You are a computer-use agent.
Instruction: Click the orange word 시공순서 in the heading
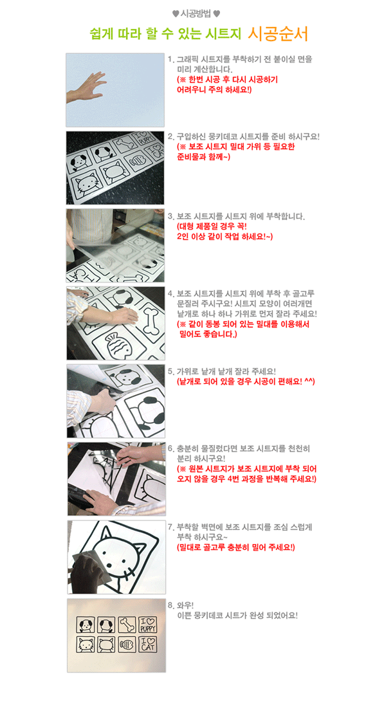278,33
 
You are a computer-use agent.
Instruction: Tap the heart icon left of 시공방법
175,14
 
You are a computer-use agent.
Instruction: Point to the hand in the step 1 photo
86,89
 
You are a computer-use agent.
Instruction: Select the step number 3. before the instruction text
170,216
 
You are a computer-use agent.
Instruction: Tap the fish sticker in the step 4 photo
117,344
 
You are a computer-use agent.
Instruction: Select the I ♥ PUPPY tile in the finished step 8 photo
147,625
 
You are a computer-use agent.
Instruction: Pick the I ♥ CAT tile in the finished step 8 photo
147,644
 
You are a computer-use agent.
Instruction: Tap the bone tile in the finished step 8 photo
127,625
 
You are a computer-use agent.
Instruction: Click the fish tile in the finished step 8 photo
126,644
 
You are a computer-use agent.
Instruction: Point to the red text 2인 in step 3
183,236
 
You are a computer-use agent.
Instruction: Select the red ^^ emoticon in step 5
309,381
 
